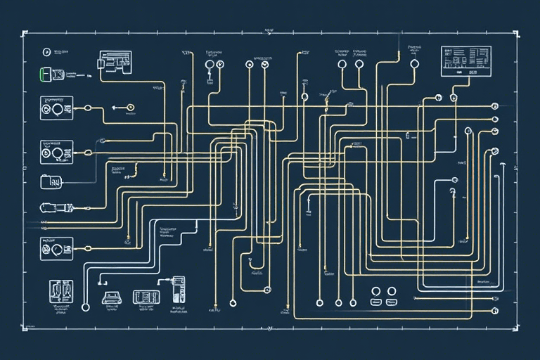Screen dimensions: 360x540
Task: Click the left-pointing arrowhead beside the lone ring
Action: tap(113, 108)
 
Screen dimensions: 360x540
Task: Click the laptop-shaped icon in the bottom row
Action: tap(110, 297)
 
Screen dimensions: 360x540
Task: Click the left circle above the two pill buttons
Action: tap(375, 291)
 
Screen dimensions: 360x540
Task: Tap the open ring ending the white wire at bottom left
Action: tap(85, 307)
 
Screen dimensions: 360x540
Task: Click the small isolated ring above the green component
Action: tap(46, 51)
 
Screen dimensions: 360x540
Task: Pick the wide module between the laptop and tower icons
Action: tap(145, 297)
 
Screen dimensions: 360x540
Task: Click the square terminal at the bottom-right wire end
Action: tap(495, 310)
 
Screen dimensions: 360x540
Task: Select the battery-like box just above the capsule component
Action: tap(51, 181)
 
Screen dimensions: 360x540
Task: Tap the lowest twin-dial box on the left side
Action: tap(56, 248)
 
